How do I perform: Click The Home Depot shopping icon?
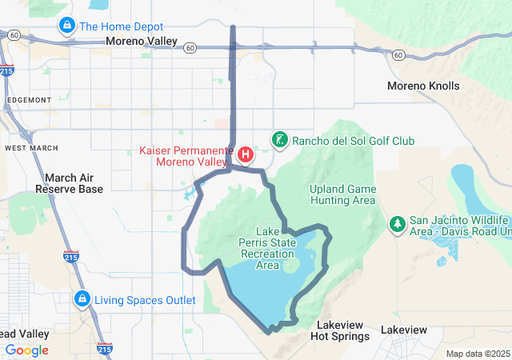[66, 26]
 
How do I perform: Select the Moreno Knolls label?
[423, 86]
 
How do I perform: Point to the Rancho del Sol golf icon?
[279, 141]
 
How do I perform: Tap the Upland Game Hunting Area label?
[342, 194]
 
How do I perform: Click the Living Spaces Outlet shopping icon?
[82, 300]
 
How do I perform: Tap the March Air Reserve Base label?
[69, 183]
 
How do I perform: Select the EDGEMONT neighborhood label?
[27, 99]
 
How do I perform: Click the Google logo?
[27, 350]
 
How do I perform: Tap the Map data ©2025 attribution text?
[478, 354]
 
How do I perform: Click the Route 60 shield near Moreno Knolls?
[398, 54]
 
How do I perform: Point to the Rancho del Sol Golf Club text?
[353, 141]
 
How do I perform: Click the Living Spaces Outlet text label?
[145, 300]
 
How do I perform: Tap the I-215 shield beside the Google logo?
[104, 349]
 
